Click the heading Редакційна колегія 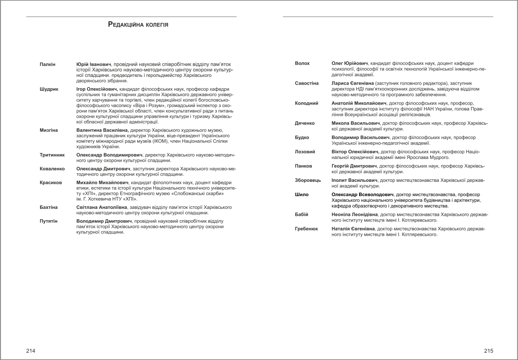[x=138, y=25]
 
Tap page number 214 [x=31, y=351]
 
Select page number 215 [x=489, y=351]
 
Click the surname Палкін [x=47, y=65]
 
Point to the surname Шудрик [x=49, y=89]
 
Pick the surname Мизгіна [x=49, y=130]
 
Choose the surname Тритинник [x=52, y=155]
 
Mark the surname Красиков [x=51, y=183]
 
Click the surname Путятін [x=49, y=221]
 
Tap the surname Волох [x=302, y=63]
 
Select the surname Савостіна [x=307, y=83]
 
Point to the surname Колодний [x=306, y=103]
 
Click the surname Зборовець [x=308, y=180]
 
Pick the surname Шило [x=302, y=195]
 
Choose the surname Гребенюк [x=306, y=229]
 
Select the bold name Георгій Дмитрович [x=355, y=166]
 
